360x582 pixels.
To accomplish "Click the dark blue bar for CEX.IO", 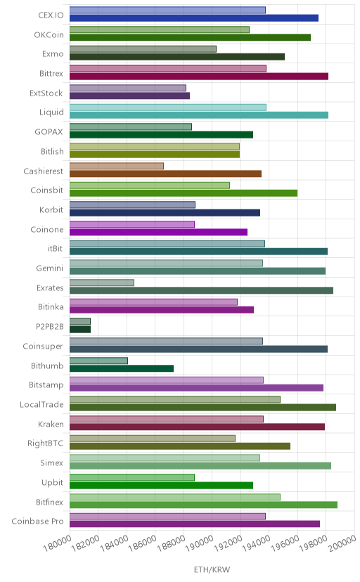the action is pyautogui.click(x=194, y=18).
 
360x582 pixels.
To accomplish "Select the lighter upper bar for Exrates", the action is pyautogui.click(x=102, y=283).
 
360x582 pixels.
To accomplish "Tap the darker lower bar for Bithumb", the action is pyautogui.click(x=122, y=368).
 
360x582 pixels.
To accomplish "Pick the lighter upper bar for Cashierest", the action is pyautogui.click(x=117, y=166).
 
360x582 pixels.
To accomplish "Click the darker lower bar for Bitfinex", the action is pyautogui.click(x=203, y=505).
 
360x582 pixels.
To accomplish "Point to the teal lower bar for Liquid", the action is pyautogui.click(x=199, y=115).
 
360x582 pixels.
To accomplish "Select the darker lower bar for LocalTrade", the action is pyautogui.click(x=202, y=408).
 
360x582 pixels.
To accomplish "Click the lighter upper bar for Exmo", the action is pyautogui.click(x=143, y=49).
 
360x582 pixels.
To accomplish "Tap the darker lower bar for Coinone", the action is pyautogui.click(x=158, y=232).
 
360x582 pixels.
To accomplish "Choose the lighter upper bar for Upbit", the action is pyautogui.click(x=132, y=477).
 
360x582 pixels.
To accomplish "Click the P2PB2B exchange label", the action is pyautogui.click(x=50, y=327).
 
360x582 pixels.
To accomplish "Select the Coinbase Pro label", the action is pyautogui.click(x=37, y=521).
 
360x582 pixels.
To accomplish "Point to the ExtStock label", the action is pyautogui.click(x=46, y=93).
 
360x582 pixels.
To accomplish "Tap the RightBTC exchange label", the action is pyautogui.click(x=45, y=444).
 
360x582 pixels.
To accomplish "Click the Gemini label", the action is pyautogui.click(x=50, y=268).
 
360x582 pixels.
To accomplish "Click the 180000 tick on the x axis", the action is pyautogui.click(x=57, y=543).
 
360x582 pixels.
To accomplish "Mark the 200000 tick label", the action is pyautogui.click(x=342, y=543).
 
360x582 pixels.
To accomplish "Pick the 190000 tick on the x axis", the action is pyautogui.click(x=200, y=543).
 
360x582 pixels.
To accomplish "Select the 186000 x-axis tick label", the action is pyautogui.click(x=143, y=543).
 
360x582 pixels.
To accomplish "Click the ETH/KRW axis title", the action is pyautogui.click(x=212, y=569).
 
